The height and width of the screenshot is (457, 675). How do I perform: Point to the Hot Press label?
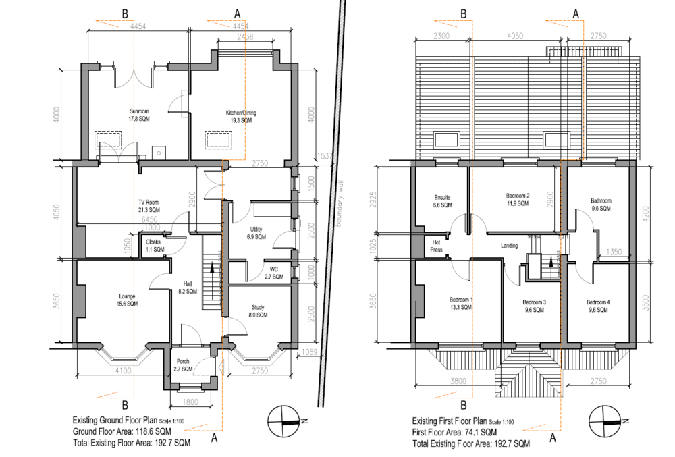coord(436,245)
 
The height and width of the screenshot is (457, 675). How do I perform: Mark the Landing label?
coord(509,246)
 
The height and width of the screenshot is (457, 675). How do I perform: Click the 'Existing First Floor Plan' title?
coord(449,421)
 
